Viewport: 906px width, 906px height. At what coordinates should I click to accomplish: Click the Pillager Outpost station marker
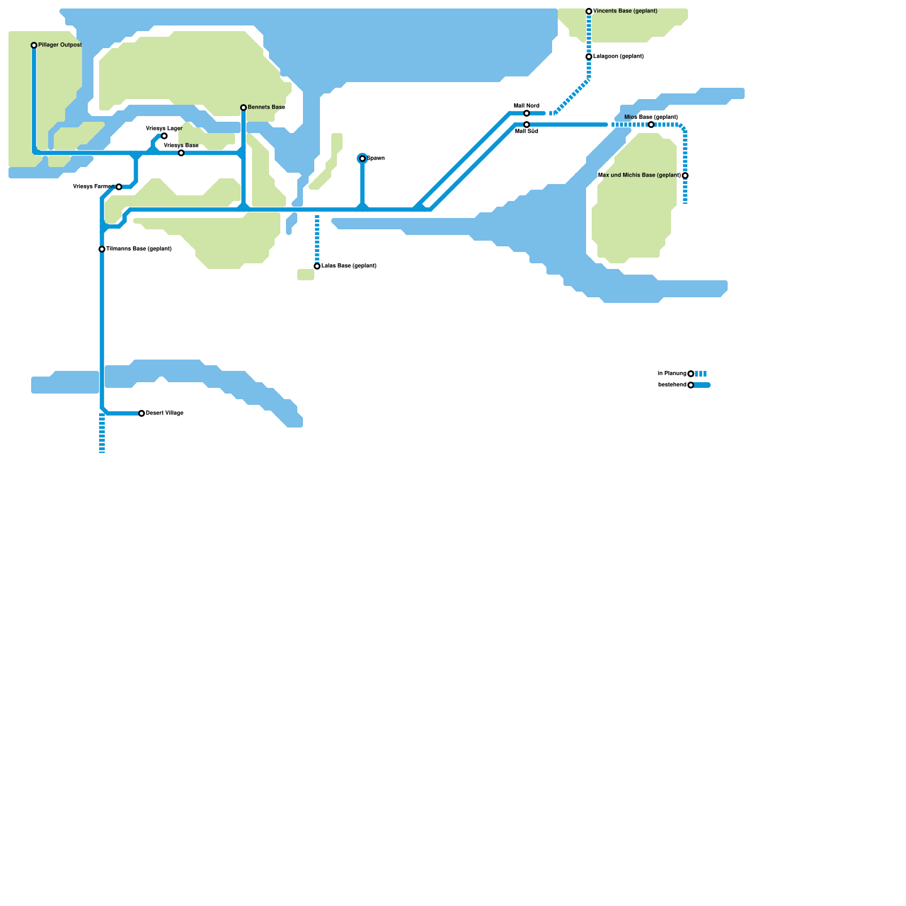tap(34, 45)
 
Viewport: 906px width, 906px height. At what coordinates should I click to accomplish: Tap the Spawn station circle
tap(362, 159)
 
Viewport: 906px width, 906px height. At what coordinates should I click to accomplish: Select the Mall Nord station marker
tap(527, 113)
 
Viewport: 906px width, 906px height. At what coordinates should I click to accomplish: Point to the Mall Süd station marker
tap(527, 125)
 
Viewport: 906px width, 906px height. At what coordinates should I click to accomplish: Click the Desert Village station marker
tap(142, 413)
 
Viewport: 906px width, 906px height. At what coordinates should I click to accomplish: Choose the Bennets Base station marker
tap(243, 108)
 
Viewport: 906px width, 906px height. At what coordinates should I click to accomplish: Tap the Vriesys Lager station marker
tap(164, 136)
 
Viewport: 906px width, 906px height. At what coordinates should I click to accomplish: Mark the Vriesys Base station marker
tap(181, 153)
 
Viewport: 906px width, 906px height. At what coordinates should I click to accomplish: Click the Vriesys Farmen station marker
tap(119, 187)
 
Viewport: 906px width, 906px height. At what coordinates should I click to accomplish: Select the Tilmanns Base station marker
tap(102, 249)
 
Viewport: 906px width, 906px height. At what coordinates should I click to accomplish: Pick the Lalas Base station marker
tap(317, 266)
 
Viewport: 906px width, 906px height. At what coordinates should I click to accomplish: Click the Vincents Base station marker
tap(589, 11)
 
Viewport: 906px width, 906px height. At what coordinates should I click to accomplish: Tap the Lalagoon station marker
tap(589, 57)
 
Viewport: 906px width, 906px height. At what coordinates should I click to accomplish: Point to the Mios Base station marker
tap(651, 125)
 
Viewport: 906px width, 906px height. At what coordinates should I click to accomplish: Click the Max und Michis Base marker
tap(685, 176)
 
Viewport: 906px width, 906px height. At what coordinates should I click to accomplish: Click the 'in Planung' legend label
tap(672, 374)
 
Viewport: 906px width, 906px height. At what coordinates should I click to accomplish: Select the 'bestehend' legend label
tap(672, 385)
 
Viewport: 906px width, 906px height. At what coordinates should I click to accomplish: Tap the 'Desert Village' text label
tap(165, 413)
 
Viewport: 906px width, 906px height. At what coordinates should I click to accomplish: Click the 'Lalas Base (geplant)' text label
tap(349, 266)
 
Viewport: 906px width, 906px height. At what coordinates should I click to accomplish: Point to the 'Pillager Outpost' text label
tap(60, 45)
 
